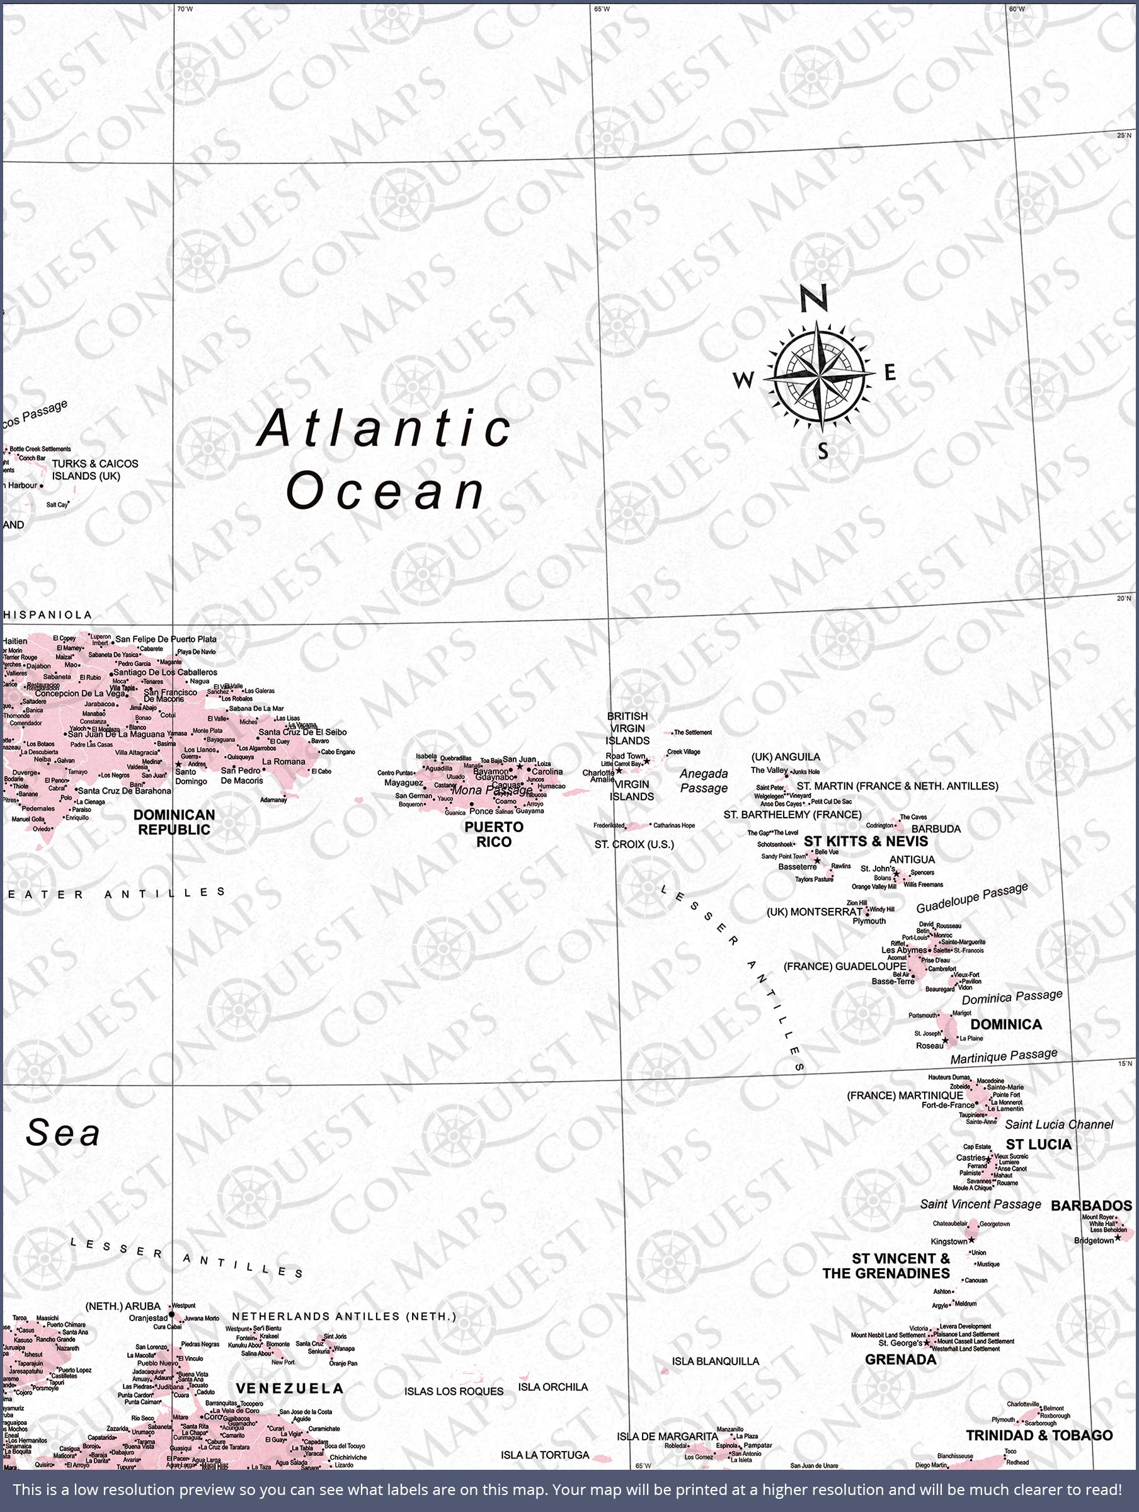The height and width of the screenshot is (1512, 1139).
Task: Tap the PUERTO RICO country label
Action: point(494,835)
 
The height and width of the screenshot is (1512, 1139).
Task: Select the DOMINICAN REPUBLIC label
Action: point(175,822)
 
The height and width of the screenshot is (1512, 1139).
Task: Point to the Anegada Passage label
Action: point(704,781)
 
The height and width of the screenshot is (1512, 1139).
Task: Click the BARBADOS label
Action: point(1091,1206)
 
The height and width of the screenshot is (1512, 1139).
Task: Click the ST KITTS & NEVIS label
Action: point(866,842)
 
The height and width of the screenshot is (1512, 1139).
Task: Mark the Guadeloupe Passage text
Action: point(971,898)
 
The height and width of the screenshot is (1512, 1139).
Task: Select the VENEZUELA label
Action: point(289,1389)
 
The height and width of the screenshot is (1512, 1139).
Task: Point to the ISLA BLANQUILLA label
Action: point(715,1361)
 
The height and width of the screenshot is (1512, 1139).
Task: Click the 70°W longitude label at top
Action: point(185,9)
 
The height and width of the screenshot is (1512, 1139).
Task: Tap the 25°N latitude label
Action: point(1124,135)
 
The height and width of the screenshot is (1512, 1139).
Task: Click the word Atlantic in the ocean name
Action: point(384,428)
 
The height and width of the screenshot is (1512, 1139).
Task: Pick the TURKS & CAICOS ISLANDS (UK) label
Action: point(95,469)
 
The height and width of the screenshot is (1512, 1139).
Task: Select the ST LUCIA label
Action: point(1038,1144)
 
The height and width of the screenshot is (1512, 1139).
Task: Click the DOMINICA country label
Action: point(1005,1024)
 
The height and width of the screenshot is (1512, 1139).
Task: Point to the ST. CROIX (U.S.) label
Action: point(634,844)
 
